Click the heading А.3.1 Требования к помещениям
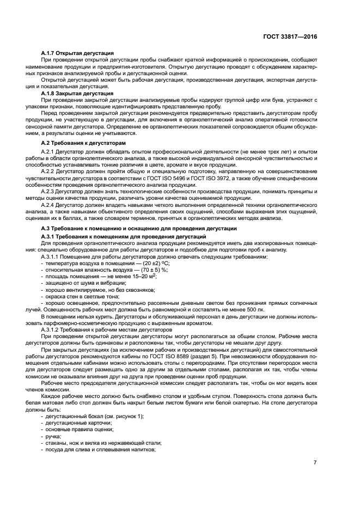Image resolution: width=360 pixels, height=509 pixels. (x=123, y=237)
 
